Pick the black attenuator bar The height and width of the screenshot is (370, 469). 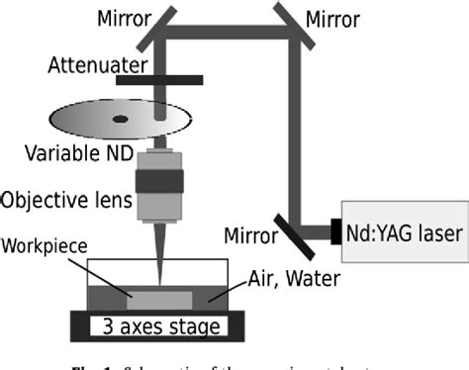pos(158,79)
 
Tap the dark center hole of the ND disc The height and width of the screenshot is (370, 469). pos(120,119)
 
